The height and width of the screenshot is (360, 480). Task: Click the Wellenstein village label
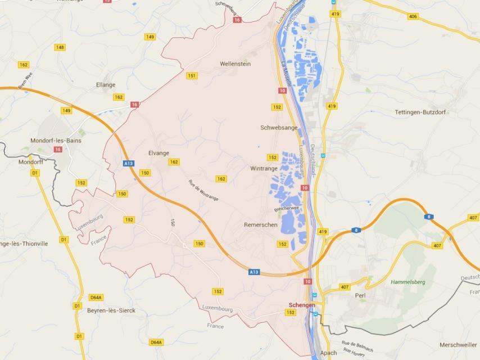click(x=235, y=64)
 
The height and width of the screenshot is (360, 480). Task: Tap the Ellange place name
click(x=106, y=85)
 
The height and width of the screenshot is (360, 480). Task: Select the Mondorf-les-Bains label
click(x=56, y=140)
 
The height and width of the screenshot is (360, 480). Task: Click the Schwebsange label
click(x=279, y=128)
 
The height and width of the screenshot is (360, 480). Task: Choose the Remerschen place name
click(x=261, y=224)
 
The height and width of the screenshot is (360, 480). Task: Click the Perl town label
click(x=360, y=295)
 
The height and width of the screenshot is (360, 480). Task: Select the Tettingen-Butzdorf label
click(x=420, y=112)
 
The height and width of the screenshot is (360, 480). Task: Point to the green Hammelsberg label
click(x=407, y=282)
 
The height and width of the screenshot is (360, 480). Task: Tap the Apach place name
click(x=328, y=353)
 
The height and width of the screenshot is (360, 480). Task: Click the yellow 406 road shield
click(x=413, y=16)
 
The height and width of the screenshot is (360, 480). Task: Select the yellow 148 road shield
click(x=60, y=47)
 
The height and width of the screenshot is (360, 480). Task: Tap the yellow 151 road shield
click(x=192, y=76)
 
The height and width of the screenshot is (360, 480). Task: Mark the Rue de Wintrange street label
click(x=203, y=190)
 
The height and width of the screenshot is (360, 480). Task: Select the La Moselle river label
click(x=284, y=73)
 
